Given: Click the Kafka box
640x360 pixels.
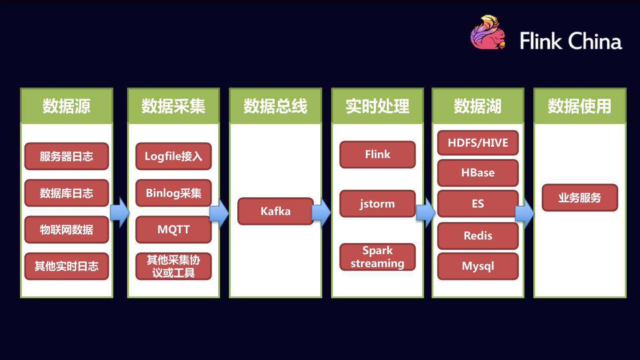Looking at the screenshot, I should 276,211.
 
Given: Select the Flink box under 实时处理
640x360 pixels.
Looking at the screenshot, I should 377,155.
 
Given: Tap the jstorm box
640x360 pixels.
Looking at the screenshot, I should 377,204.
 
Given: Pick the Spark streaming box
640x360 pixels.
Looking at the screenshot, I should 377,257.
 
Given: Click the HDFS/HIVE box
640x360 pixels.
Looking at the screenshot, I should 478,143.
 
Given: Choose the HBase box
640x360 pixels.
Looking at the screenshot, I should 478,172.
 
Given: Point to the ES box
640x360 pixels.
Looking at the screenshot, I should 478,204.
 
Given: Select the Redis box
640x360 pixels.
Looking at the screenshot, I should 478,236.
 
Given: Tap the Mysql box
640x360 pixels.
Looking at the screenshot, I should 478,266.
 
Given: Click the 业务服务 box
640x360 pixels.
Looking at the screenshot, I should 580,198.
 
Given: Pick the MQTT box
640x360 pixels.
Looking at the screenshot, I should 173,230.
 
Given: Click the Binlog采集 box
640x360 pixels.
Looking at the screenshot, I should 173,193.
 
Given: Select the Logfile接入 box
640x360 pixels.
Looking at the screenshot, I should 173,156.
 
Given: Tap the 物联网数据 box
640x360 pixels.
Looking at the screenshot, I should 66,230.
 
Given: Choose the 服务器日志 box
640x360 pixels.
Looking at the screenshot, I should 66,156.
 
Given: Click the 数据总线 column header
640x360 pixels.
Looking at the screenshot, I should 276,106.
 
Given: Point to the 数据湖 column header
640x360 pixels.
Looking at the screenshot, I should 478,106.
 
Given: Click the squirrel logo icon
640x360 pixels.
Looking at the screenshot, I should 488,33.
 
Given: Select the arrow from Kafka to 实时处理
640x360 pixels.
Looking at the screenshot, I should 321,212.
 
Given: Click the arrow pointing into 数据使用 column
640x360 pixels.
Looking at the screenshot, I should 524,213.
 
